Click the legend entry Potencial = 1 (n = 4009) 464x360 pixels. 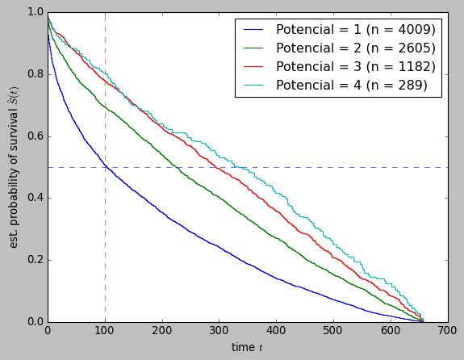click(x=355, y=29)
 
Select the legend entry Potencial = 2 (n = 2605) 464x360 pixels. click(x=355, y=48)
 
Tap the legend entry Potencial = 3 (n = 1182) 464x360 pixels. click(x=355, y=66)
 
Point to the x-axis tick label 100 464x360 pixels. click(x=105, y=331)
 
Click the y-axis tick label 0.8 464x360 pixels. click(x=35, y=74)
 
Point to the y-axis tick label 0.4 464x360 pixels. click(x=35, y=199)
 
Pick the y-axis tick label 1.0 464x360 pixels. click(x=35, y=12)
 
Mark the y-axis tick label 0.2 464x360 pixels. click(x=35, y=261)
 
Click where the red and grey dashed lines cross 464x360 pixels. click(x=105, y=167)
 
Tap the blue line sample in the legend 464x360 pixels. click(x=253, y=29)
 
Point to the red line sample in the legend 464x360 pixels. click(x=253, y=66)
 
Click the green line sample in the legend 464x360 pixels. click(x=253, y=48)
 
